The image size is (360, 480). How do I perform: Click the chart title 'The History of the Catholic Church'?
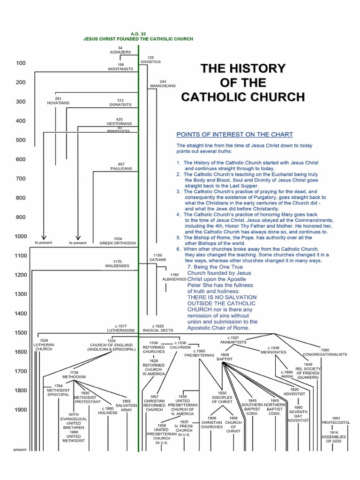coord(243,82)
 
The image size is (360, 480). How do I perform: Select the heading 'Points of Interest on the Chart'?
coord(234,135)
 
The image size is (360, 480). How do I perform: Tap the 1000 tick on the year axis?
coord(21,236)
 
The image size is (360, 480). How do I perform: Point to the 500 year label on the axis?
coord(21,140)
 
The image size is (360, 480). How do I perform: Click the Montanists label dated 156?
coord(120,67)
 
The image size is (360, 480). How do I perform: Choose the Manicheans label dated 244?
coord(163,84)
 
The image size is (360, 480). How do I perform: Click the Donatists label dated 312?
coord(120,102)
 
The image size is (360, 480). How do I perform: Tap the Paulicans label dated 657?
coord(120,167)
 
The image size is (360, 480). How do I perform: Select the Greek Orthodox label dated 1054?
coord(118,241)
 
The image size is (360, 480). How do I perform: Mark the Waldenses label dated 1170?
coord(117,264)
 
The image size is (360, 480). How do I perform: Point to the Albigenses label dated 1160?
coord(174,277)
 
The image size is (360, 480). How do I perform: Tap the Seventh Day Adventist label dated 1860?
coord(298,414)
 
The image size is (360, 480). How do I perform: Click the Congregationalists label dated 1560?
coord(325,352)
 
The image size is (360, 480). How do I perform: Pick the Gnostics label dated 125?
coord(150,60)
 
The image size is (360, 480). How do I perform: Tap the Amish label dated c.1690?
coord(287,374)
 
